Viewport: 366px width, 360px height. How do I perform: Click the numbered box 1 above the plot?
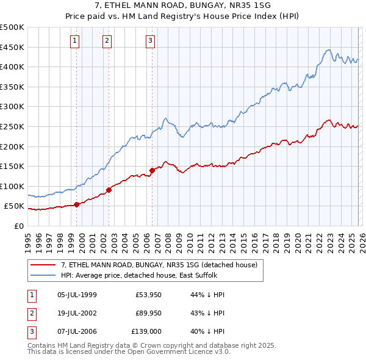(74, 41)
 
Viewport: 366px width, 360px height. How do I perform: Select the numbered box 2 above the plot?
(107, 41)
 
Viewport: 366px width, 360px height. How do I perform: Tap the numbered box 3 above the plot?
(150, 41)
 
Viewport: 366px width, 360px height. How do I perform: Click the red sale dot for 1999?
(76, 204)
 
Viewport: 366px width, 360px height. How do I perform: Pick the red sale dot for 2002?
(109, 190)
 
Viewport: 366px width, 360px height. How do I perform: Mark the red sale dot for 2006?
(152, 170)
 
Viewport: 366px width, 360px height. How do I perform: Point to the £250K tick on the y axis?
(13, 126)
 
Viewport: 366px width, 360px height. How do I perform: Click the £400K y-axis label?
(13, 67)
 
